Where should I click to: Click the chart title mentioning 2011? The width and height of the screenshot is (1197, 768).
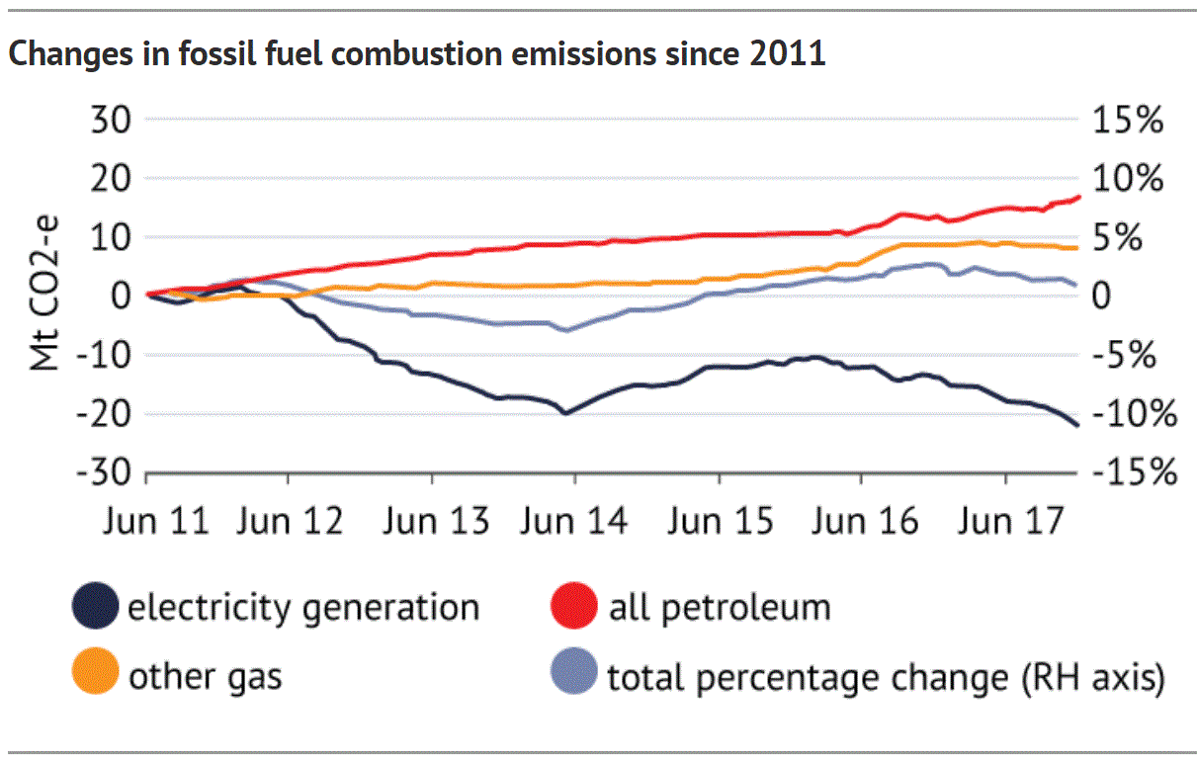click(416, 54)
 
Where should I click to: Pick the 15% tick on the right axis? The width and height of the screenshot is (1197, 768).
click(1127, 122)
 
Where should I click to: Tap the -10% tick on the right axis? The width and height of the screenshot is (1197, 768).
click(1133, 415)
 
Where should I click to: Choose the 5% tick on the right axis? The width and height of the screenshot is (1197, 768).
click(1127, 238)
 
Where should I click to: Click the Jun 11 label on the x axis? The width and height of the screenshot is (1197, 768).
click(156, 520)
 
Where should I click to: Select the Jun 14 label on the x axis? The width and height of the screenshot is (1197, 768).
click(574, 520)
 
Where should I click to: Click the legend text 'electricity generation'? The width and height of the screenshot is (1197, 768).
click(303, 607)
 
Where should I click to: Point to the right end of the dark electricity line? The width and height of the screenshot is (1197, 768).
click(1076, 424)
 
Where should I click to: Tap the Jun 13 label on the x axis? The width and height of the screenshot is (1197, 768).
click(436, 520)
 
